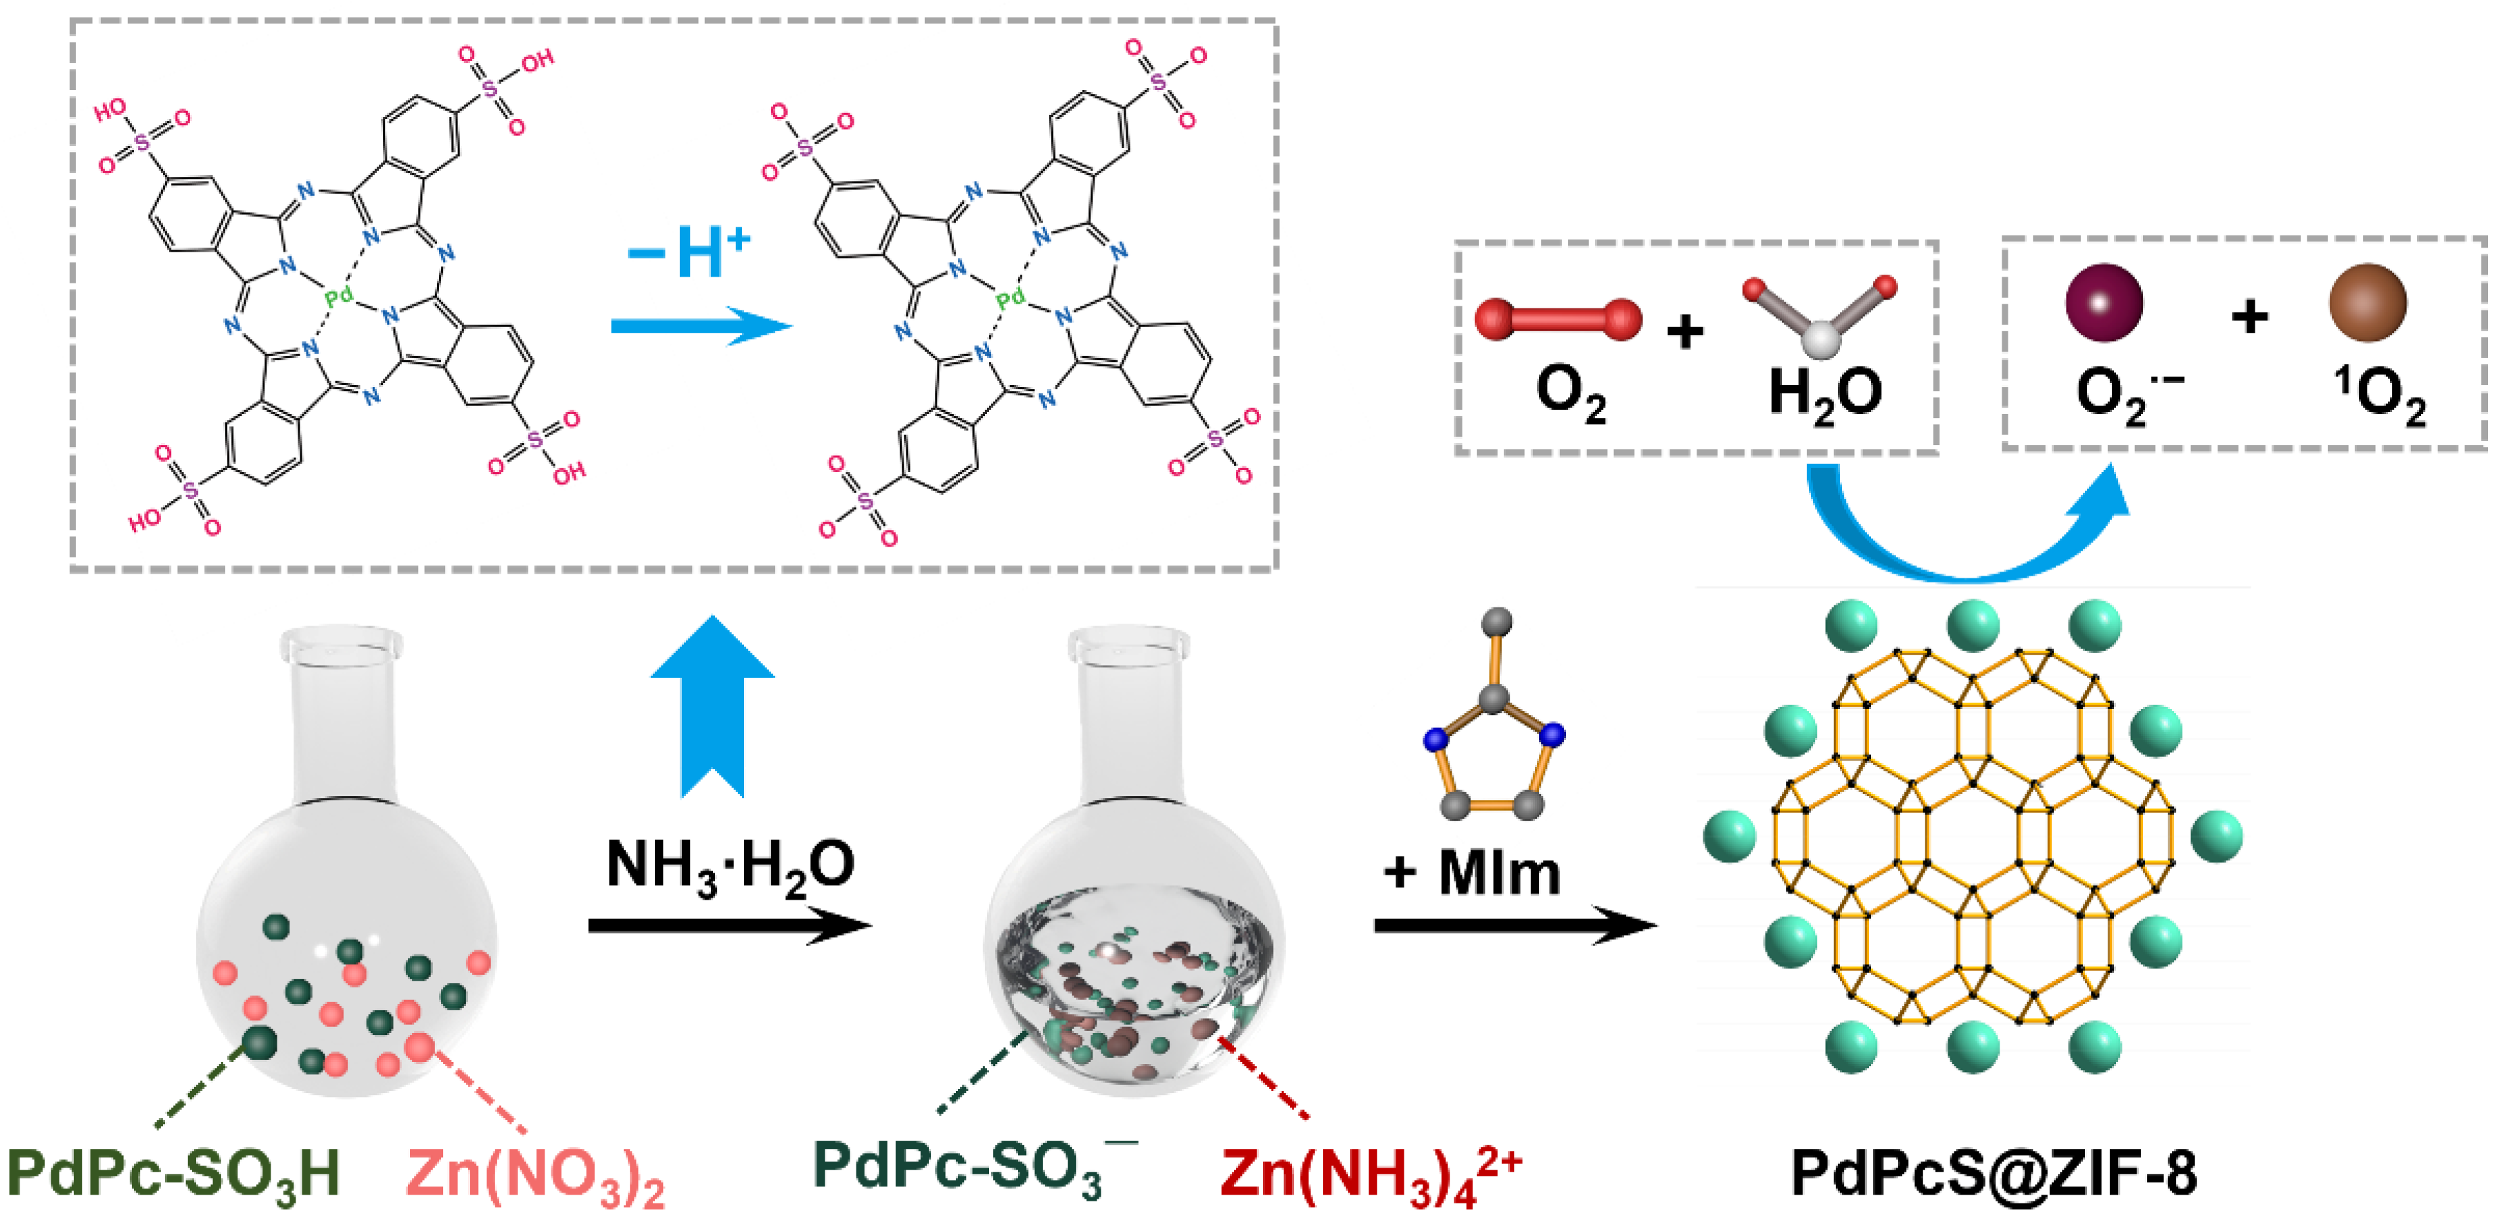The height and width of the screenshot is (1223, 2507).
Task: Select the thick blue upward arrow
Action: point(712,706)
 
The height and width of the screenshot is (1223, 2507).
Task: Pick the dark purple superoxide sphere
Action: point(2104,302)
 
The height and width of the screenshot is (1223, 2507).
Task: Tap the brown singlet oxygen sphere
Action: point(2368,302)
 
